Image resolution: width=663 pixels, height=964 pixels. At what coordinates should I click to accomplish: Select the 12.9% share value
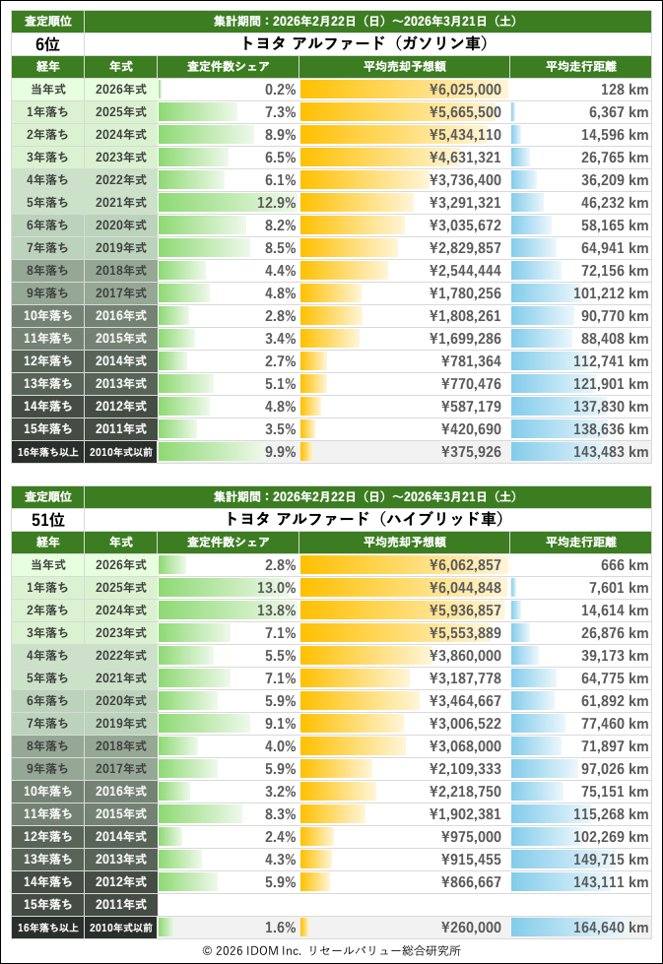click(x=277, y=203)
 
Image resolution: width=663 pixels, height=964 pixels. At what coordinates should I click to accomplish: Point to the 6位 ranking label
click(x=47, y=43)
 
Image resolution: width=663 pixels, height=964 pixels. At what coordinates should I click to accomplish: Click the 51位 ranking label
click(x=47, y=519)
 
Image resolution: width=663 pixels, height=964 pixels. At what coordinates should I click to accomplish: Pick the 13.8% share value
click(x=277, y=611)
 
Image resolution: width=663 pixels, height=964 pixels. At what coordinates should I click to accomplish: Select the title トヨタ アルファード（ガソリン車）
click(x=365, y=43)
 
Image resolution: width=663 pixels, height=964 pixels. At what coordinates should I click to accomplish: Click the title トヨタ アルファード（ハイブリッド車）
click(x=365, y=519)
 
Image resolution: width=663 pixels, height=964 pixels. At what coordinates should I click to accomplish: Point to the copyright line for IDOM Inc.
click(x=331, y=951)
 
